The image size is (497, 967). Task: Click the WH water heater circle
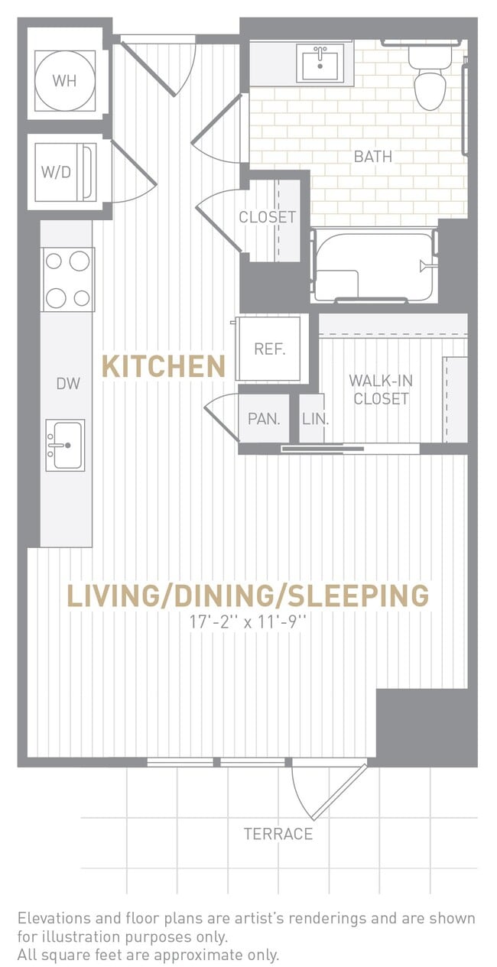pyautogui.click(x=65, y=80)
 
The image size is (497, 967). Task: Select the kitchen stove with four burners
pyautogui.click(x=67, y=279)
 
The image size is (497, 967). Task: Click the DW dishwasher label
pyautogui.click(x=67, y=384)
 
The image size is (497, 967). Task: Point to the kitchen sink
pyautogui.click(x=65, y=445)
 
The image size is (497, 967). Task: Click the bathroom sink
pyautogui.click(x=322, y=63)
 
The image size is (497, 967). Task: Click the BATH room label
pyautogui.click(x=372, y=157)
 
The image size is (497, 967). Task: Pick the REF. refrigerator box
pyautogui.click(x=270, y=349)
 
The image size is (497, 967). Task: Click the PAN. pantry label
pyautogui.click(x=264, y=419)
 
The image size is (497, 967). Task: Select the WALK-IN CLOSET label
pyautogui.click(x=380, y=389)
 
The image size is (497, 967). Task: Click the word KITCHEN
pyautogui.click(x=164, y=366)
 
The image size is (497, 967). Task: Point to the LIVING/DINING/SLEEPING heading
pyautogui.click(x=248, y=595)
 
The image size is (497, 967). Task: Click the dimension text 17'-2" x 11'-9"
pyautogui.click(x=248, y=623)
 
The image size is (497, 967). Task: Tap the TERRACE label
pyautogui.click(x=278, y=834)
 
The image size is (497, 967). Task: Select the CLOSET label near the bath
pyautogui.click(x=267, y=217)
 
